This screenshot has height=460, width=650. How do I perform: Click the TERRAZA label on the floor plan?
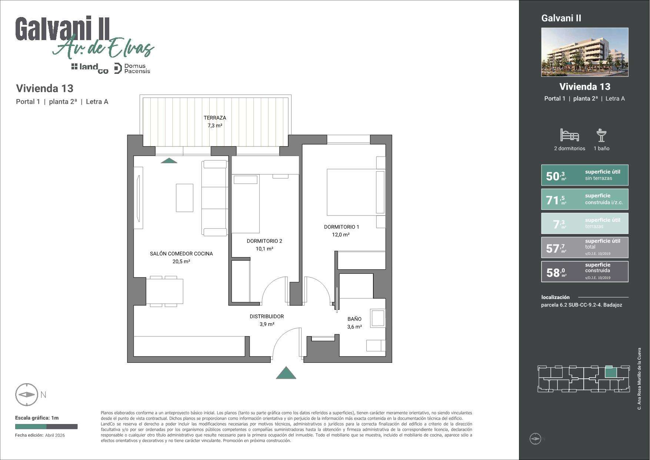pos(215,118)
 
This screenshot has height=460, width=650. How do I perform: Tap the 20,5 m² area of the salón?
pos(181,262)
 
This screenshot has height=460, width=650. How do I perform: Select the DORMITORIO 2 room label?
pos(264,241)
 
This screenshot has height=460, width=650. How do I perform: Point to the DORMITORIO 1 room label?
pos(341,227)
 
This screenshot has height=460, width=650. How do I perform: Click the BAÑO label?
pos(354,319)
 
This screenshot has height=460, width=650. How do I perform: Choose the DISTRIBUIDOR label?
pos(267,316)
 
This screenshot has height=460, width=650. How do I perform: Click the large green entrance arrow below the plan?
pos(286,373)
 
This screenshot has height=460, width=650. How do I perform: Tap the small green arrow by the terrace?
pos(169,161)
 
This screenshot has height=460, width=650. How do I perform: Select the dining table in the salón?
pos(164,291)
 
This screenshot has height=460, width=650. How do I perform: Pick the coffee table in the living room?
pos(184,198)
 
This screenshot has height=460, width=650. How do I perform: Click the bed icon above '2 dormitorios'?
pos(569,135)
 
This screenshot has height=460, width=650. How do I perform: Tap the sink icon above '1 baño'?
pos(601,135)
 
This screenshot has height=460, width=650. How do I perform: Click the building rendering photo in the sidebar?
pos(585,52)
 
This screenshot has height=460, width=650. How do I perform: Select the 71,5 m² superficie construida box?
pos(585,199)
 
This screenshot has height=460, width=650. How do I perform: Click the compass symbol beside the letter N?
pos(27,395)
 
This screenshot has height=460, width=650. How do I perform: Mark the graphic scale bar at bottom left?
pos(46,427)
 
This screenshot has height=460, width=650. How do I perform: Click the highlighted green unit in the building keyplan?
pos(610,372)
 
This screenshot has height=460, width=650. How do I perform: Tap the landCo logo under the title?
pos(90,68)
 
